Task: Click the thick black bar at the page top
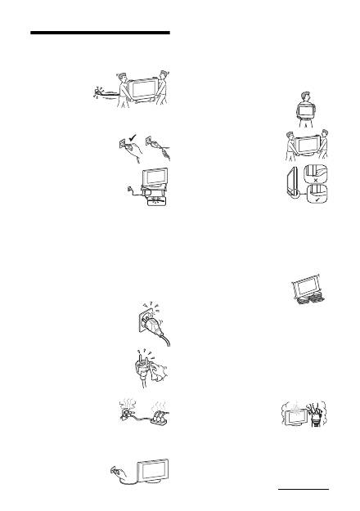pos(101,34)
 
